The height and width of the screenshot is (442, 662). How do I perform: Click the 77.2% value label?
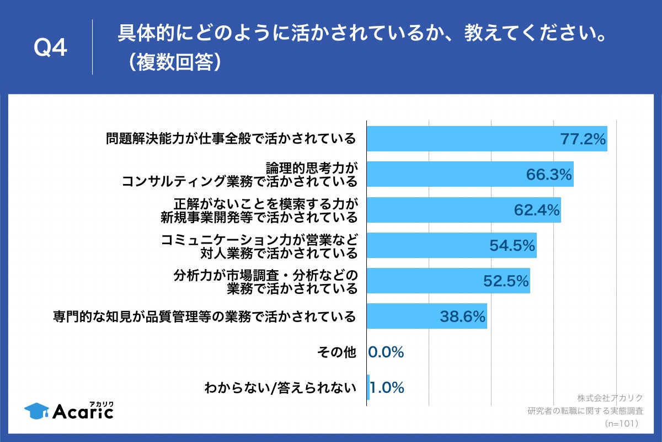click(x=583, y=139)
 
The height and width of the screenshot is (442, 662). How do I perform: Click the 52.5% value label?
click(x=506, y=281)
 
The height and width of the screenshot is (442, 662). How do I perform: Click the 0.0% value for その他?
click(x=386, y=352)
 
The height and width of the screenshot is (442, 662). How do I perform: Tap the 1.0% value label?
click(x=387, y=388)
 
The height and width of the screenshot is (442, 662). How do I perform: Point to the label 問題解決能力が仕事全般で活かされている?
click(x=231, y=139)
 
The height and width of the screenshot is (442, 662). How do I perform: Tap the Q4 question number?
click(x=50, y=49)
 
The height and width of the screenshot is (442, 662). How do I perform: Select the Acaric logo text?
click(x=83, y=411)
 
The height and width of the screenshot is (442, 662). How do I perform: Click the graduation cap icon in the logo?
click(x=36, y=410)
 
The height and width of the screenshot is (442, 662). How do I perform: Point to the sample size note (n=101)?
click(x=621, y=423)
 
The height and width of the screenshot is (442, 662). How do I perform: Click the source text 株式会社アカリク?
click(x=610, y=398)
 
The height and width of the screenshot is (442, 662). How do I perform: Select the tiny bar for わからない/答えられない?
click(x=368, y=388)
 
